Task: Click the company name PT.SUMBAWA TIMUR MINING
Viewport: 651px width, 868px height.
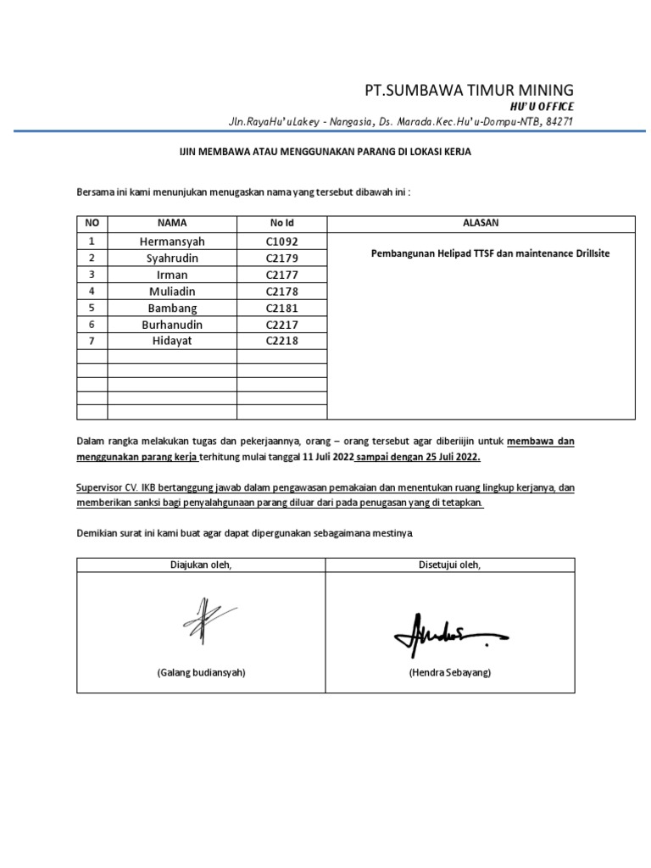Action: [x=469, y=90]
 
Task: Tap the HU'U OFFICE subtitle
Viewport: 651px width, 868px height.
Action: [x=542, y=107]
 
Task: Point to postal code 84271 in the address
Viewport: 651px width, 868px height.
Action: [x=560, y=122]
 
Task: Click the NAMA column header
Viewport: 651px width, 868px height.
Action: [x=172, y=223]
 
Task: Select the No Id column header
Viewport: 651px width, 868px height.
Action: [x=281, y=223]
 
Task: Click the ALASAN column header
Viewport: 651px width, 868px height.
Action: [x=481, y=223]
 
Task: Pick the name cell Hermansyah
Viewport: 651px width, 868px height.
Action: [x=172, y=242]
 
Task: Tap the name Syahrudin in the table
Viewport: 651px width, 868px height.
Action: [x=172, y=258]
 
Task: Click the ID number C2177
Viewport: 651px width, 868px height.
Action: [x=281, y=275]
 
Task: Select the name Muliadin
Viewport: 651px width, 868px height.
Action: [x=172, y=292]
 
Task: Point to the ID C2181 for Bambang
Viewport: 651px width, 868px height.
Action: [x=281, y=308]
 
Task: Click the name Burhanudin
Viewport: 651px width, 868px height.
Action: [x=172, y=325]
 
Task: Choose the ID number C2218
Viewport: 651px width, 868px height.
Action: [x=281, y=341]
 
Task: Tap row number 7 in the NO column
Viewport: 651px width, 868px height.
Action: [x=92, y=341]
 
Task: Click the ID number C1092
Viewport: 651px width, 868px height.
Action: [x=281, y=242]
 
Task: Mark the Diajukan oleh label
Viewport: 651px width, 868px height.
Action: [x=201, y=565]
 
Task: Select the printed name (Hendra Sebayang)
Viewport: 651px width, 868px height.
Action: [x=449, y=672]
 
